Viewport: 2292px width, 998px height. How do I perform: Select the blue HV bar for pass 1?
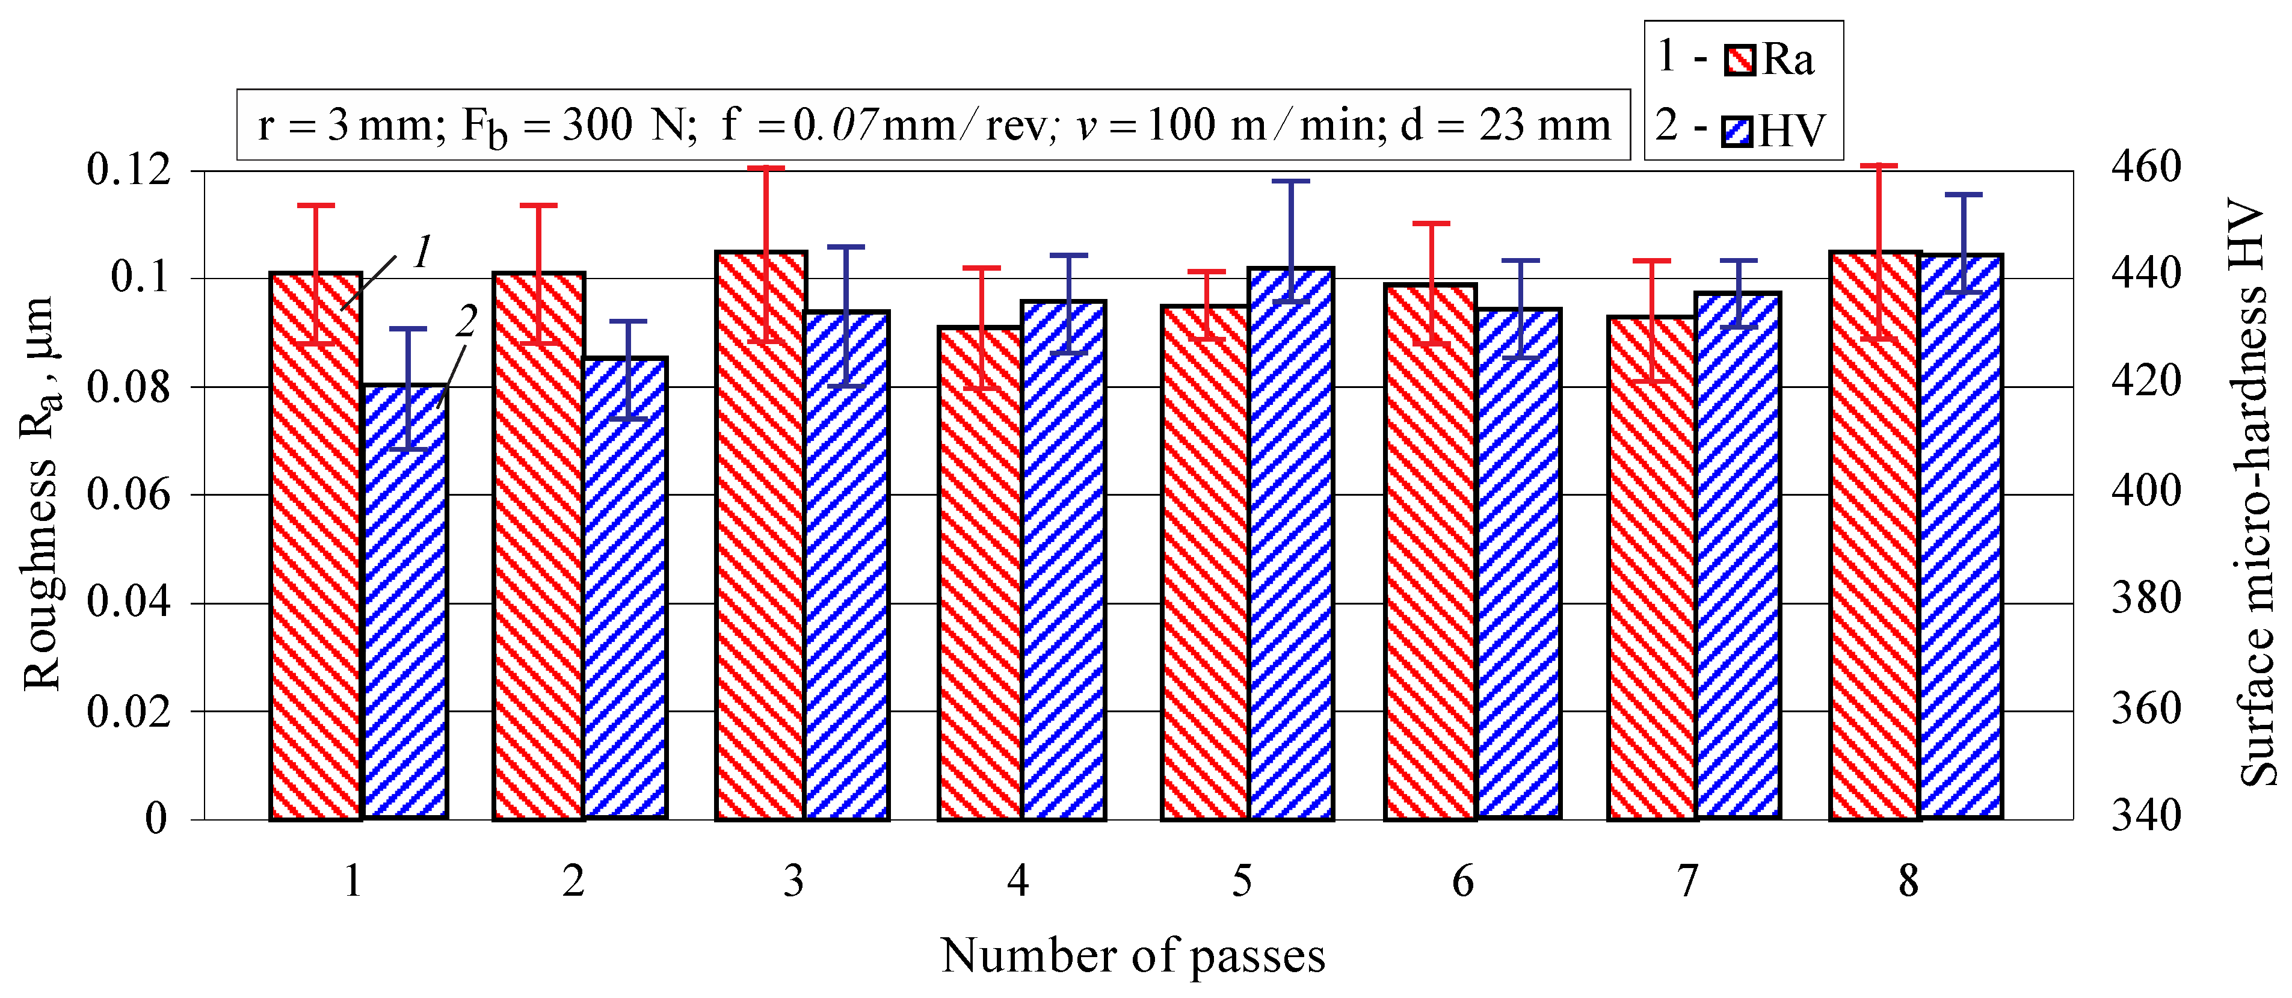pyautogui.click(x=405, y=623)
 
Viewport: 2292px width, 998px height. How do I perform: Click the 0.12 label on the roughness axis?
pyautogui.click(x=128, y=169)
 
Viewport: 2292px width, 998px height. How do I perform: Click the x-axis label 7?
pyautogui.click(x=1687, y=881)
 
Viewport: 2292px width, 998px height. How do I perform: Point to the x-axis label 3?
pyautogui.click(x=793, y=881)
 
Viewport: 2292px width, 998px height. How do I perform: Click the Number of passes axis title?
pyautogui.click(x=1133, y=956)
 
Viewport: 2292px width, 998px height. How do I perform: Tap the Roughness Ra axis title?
pyautogui.click(x=41, y=494)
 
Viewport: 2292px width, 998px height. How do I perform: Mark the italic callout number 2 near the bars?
pyautogui.click(x=466, y=321)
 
